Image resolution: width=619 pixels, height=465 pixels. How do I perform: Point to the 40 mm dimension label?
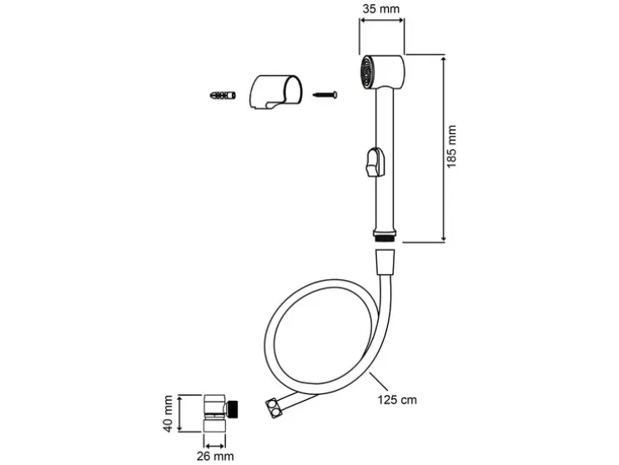167,414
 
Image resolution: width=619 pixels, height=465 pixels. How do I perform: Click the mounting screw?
325,94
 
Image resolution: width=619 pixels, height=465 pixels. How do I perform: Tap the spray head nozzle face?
365,72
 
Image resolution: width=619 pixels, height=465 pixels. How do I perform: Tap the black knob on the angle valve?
235,409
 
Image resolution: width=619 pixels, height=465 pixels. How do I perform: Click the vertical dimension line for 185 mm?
440,148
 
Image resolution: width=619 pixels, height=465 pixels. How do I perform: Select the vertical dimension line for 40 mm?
179,414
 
